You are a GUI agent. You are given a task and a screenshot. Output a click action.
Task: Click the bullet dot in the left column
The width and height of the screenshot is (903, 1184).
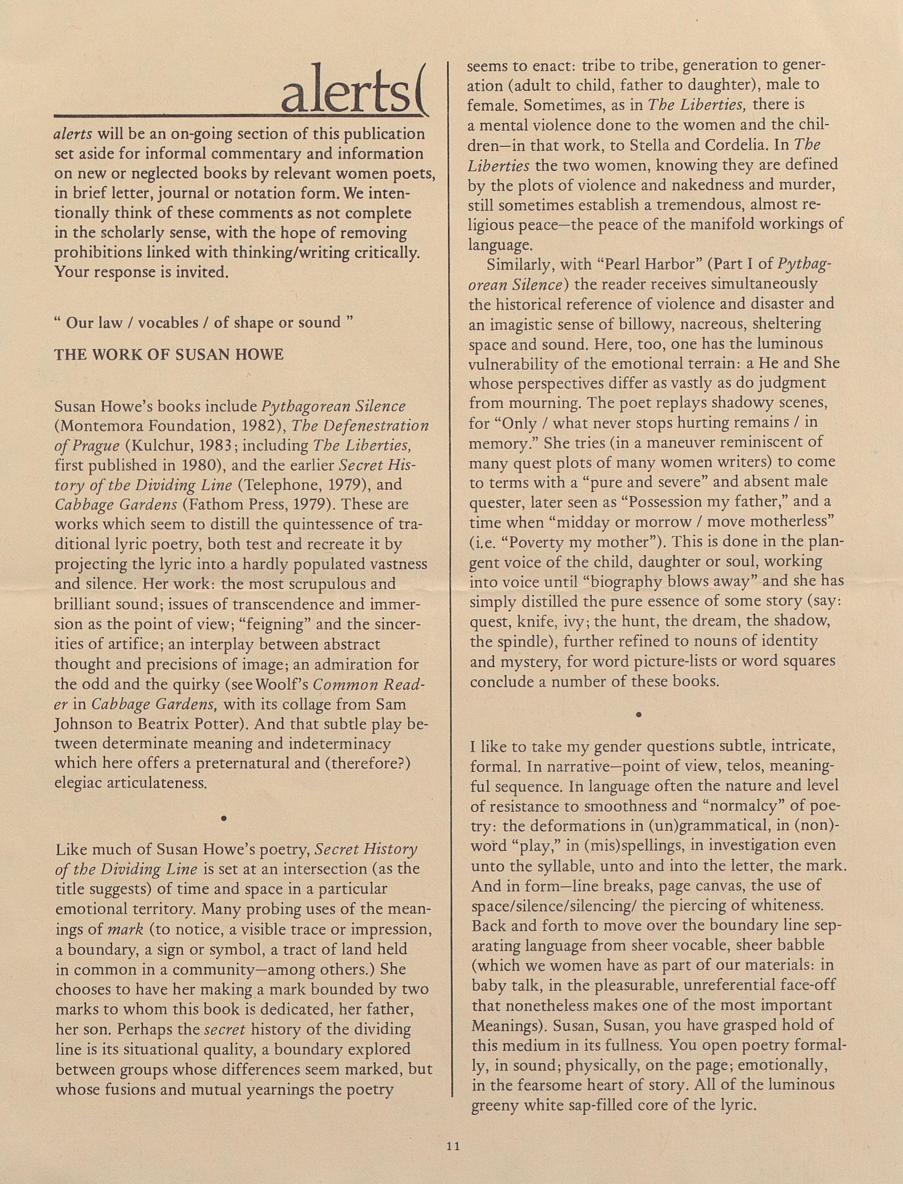pos(223,818)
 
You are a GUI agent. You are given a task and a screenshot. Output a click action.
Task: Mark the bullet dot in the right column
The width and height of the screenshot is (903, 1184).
pos(638,715)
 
